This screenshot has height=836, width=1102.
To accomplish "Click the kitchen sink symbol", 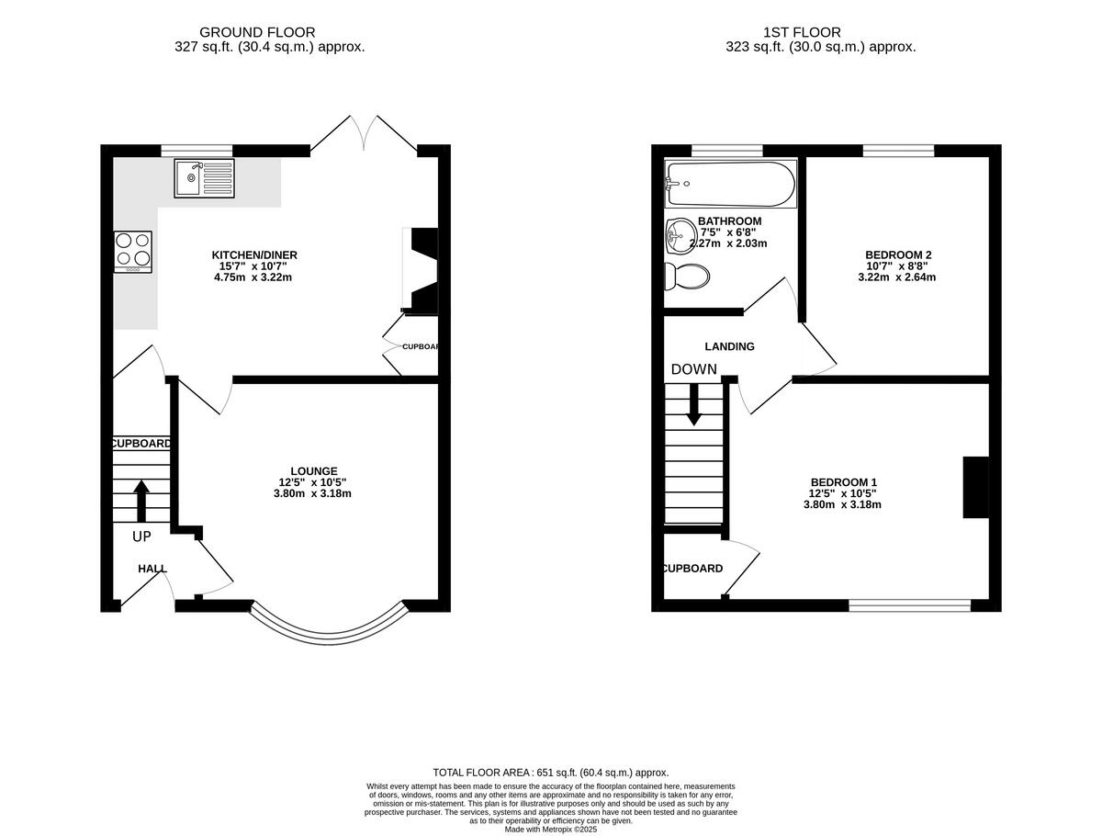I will tap(203, 177).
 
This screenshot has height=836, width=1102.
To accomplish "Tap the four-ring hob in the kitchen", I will tap(132, 251).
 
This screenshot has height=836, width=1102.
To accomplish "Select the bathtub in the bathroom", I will tap(730, 185).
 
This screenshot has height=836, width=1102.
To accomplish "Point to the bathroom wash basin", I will tap(679, 235).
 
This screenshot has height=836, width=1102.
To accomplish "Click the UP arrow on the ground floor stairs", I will tap(141, 501).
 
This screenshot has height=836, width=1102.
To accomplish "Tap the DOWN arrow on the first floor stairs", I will tap(693, 403).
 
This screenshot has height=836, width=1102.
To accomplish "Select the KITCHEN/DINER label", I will tap(254, 254).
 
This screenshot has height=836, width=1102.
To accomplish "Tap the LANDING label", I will tap(729, 346).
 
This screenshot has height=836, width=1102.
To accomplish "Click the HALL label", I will tap(152, 569).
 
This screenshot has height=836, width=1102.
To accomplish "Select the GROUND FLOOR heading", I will tap(257, 32).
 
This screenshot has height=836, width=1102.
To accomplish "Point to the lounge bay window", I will tap(329, 629).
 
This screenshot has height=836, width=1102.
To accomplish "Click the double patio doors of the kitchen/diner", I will tap(365, 135).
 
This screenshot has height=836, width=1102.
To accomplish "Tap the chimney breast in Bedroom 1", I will tap(975, 488).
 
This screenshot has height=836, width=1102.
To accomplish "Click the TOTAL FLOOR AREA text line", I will tap(550, 773).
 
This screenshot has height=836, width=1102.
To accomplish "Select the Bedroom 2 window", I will tap(897, 151).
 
